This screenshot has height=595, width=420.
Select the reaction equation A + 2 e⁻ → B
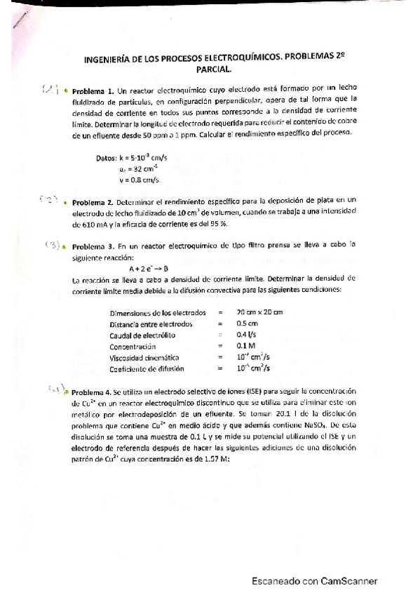coord(154,268)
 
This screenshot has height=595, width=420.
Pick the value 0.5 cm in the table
coord(245,324)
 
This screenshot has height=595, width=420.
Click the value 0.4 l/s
coord(245,335)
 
